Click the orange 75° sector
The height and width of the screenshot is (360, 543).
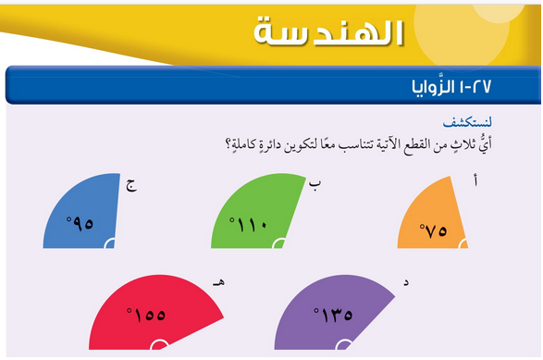point(433,218)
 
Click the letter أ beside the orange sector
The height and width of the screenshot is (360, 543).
point(475,180)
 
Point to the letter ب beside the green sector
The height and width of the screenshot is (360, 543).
point(315,185)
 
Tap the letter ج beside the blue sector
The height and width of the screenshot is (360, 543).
point(131,185)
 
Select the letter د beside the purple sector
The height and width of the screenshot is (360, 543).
point(406,282)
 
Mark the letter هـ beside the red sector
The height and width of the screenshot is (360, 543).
point(218,283)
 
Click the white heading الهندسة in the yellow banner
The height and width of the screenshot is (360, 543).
point(328,32)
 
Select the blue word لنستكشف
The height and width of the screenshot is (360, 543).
point(467,122)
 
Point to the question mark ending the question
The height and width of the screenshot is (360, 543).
point(228,143)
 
